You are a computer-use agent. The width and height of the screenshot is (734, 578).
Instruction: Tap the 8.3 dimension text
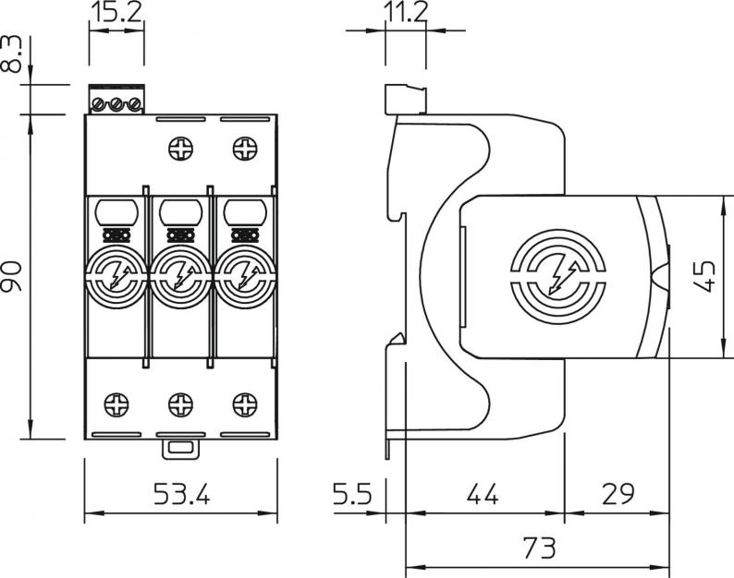tap(12, 55)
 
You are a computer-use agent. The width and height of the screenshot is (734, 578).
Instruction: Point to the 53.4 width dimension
tap(179, 495)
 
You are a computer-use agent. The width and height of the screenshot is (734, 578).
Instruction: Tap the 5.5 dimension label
tap(353, 495)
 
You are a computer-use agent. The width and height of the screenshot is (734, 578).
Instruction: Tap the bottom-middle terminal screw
tap(178, 403)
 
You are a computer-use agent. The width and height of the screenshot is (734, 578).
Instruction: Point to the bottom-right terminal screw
tap(244, 403)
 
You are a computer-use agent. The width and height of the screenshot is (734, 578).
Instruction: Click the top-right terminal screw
tap(244, 146)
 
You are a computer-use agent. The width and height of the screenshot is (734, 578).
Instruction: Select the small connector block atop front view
tap(116, 100)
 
